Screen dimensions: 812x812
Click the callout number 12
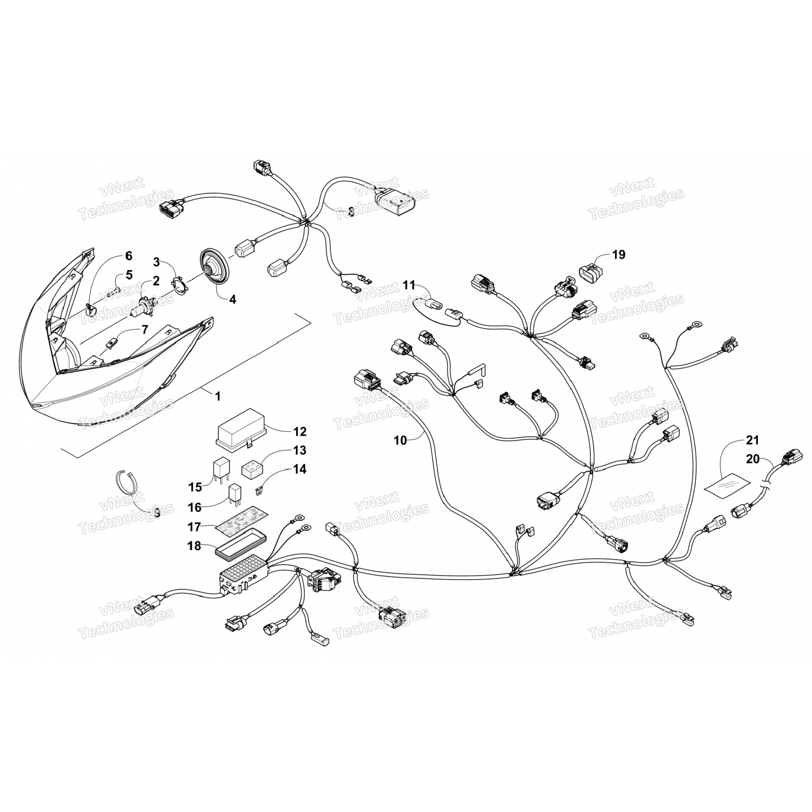(299, 431)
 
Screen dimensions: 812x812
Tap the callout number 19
(618, 254)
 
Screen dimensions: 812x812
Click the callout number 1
(218, 397)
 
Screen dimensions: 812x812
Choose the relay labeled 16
(234, 495)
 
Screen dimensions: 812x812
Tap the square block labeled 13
(251, 466)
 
